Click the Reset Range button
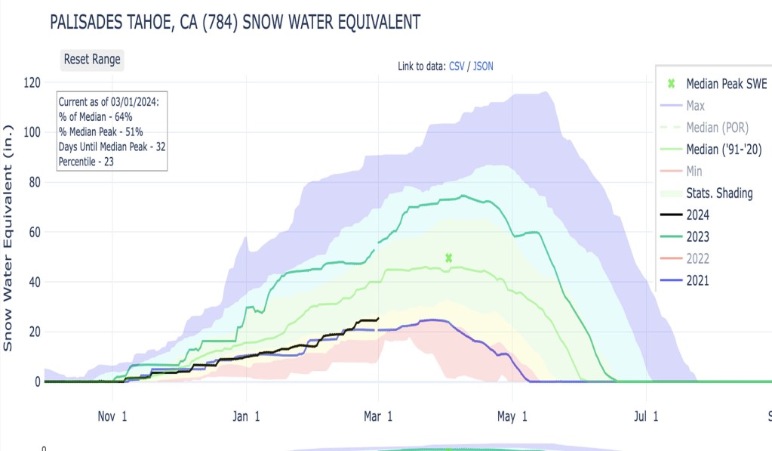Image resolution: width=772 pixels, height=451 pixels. (91, 60)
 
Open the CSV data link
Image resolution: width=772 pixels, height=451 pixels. (457, 66)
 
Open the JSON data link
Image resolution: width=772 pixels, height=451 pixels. (483, 66)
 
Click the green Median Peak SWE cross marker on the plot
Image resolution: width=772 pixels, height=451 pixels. (449, 258)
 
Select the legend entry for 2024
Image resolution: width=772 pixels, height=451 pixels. (697, 215)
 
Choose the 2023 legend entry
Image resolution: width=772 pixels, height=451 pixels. (697, 237)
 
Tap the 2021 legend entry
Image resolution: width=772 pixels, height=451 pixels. (697, 281)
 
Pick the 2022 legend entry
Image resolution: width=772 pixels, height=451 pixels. (697, 259)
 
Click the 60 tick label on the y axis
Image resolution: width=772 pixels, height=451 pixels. (32, 232)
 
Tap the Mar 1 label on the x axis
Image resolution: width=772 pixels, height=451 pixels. (377, 416)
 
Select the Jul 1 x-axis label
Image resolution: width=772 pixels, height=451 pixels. (646, 416)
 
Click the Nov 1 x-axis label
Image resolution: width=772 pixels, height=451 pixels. (112, 416)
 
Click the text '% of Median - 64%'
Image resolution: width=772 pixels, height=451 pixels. (96, 116)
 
